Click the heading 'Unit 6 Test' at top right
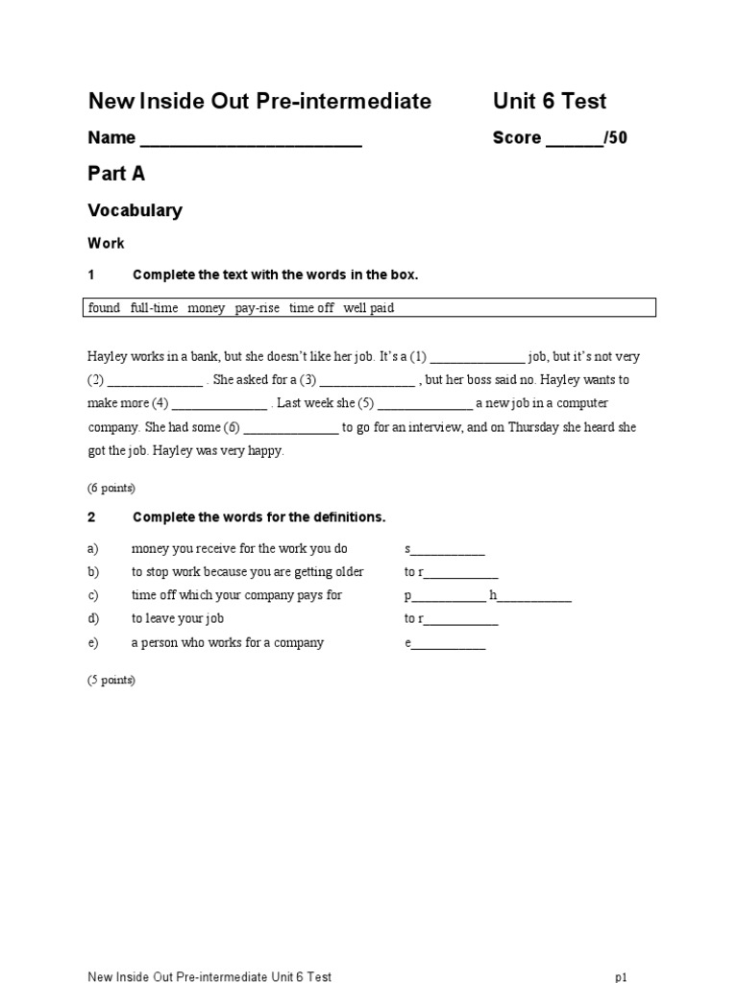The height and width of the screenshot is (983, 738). (x=550, y=102)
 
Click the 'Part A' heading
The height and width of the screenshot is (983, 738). (x=116, y=174)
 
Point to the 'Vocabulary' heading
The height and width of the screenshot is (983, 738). (x=135, y=210)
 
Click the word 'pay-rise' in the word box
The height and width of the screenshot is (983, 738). (x=257, y=308)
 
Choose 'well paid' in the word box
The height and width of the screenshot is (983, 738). (x=369, y=308)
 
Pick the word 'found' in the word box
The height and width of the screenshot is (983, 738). (x=104, y=308)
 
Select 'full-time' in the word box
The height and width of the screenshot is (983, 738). (x=154, y=308)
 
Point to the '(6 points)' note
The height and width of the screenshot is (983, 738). (x=111, y=488)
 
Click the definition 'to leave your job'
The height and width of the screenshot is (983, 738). (x=178, y=619)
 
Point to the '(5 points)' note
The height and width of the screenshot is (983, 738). (x=111, y=681)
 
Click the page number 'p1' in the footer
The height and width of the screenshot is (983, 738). (x=621, y=976)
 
